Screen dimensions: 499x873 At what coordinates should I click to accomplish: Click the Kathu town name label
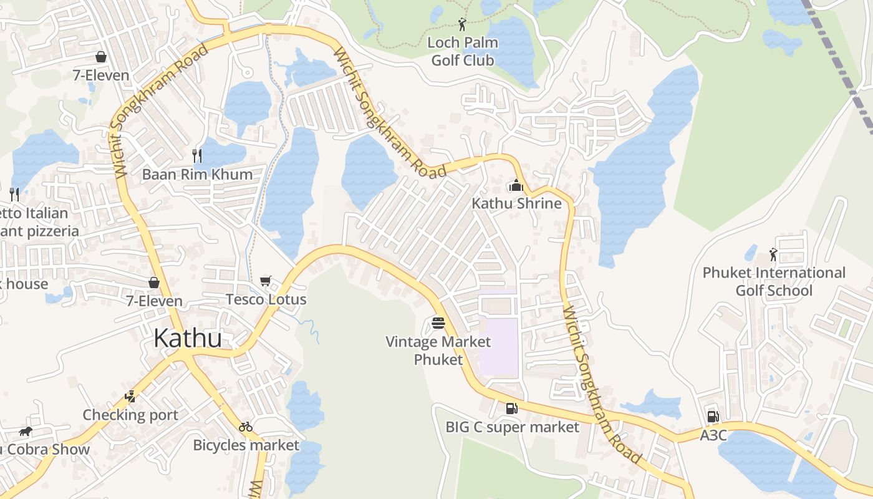point(187,339)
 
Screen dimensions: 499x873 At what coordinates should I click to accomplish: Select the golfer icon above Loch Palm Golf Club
point(461,24)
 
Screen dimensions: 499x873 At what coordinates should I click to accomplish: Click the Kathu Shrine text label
point(516,203)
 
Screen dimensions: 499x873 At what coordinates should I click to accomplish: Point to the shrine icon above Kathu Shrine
point(516,185)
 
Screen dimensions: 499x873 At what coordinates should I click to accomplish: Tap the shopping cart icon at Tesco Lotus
point(266,281)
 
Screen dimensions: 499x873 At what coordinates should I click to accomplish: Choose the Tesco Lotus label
point(266,299)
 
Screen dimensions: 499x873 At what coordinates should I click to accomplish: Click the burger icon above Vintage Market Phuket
point(438,323)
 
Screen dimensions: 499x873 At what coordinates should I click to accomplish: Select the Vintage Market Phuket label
point(438,351)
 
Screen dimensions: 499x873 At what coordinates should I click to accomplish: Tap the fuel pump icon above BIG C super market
point(511,409)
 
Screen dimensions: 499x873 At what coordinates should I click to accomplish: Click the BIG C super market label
point(513,427)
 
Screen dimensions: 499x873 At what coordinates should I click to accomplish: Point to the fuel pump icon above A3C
point(713,416)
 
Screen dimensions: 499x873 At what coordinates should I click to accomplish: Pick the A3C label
point(713,435)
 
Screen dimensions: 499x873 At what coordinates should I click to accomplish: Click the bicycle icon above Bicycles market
point(246,427)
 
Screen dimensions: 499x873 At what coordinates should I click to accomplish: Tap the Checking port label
point(130,415)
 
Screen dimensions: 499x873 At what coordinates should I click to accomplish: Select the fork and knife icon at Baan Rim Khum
point(197,155)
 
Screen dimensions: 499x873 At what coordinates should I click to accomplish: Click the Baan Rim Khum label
point(197,174)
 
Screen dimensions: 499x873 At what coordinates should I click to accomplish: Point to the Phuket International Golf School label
point(774,281)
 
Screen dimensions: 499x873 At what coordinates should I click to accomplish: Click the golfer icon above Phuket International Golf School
point(773,254)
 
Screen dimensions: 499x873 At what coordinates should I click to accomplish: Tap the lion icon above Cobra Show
point(25,431)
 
